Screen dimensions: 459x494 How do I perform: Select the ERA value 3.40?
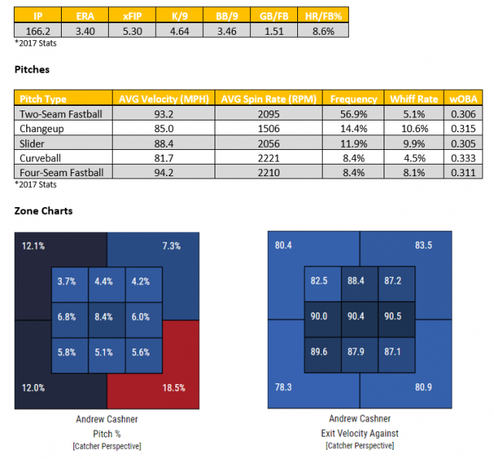[x=86, y=29]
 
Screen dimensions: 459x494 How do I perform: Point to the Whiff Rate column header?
[x=416, y=100]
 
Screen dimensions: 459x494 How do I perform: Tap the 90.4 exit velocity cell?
[x=357, y=317]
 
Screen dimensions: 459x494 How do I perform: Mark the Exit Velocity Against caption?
[x=360, y=433]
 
